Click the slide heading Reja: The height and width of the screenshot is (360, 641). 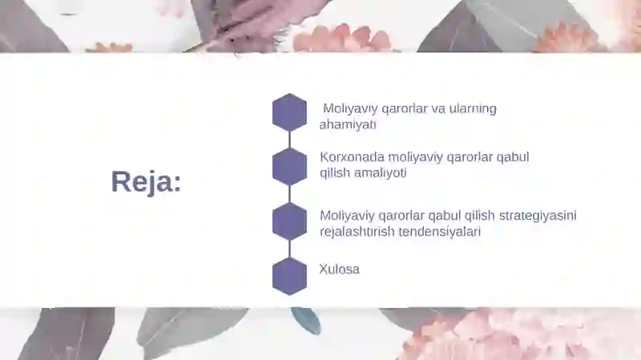pos(146,182)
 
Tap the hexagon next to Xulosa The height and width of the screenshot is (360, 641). pos(289,276)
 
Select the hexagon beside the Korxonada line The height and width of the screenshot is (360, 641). pos(289,167)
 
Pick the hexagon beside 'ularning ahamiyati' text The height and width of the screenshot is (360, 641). pos(289,112)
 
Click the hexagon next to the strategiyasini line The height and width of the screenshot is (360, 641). pos(289,221)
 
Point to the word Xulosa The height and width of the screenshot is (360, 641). pos(339,269)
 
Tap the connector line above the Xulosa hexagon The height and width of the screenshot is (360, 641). pos(289,249)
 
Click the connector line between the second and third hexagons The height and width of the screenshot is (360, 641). pos(289,194)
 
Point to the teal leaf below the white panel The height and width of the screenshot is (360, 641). pos(306,320)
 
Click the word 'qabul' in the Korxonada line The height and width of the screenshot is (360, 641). pos(514,157)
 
